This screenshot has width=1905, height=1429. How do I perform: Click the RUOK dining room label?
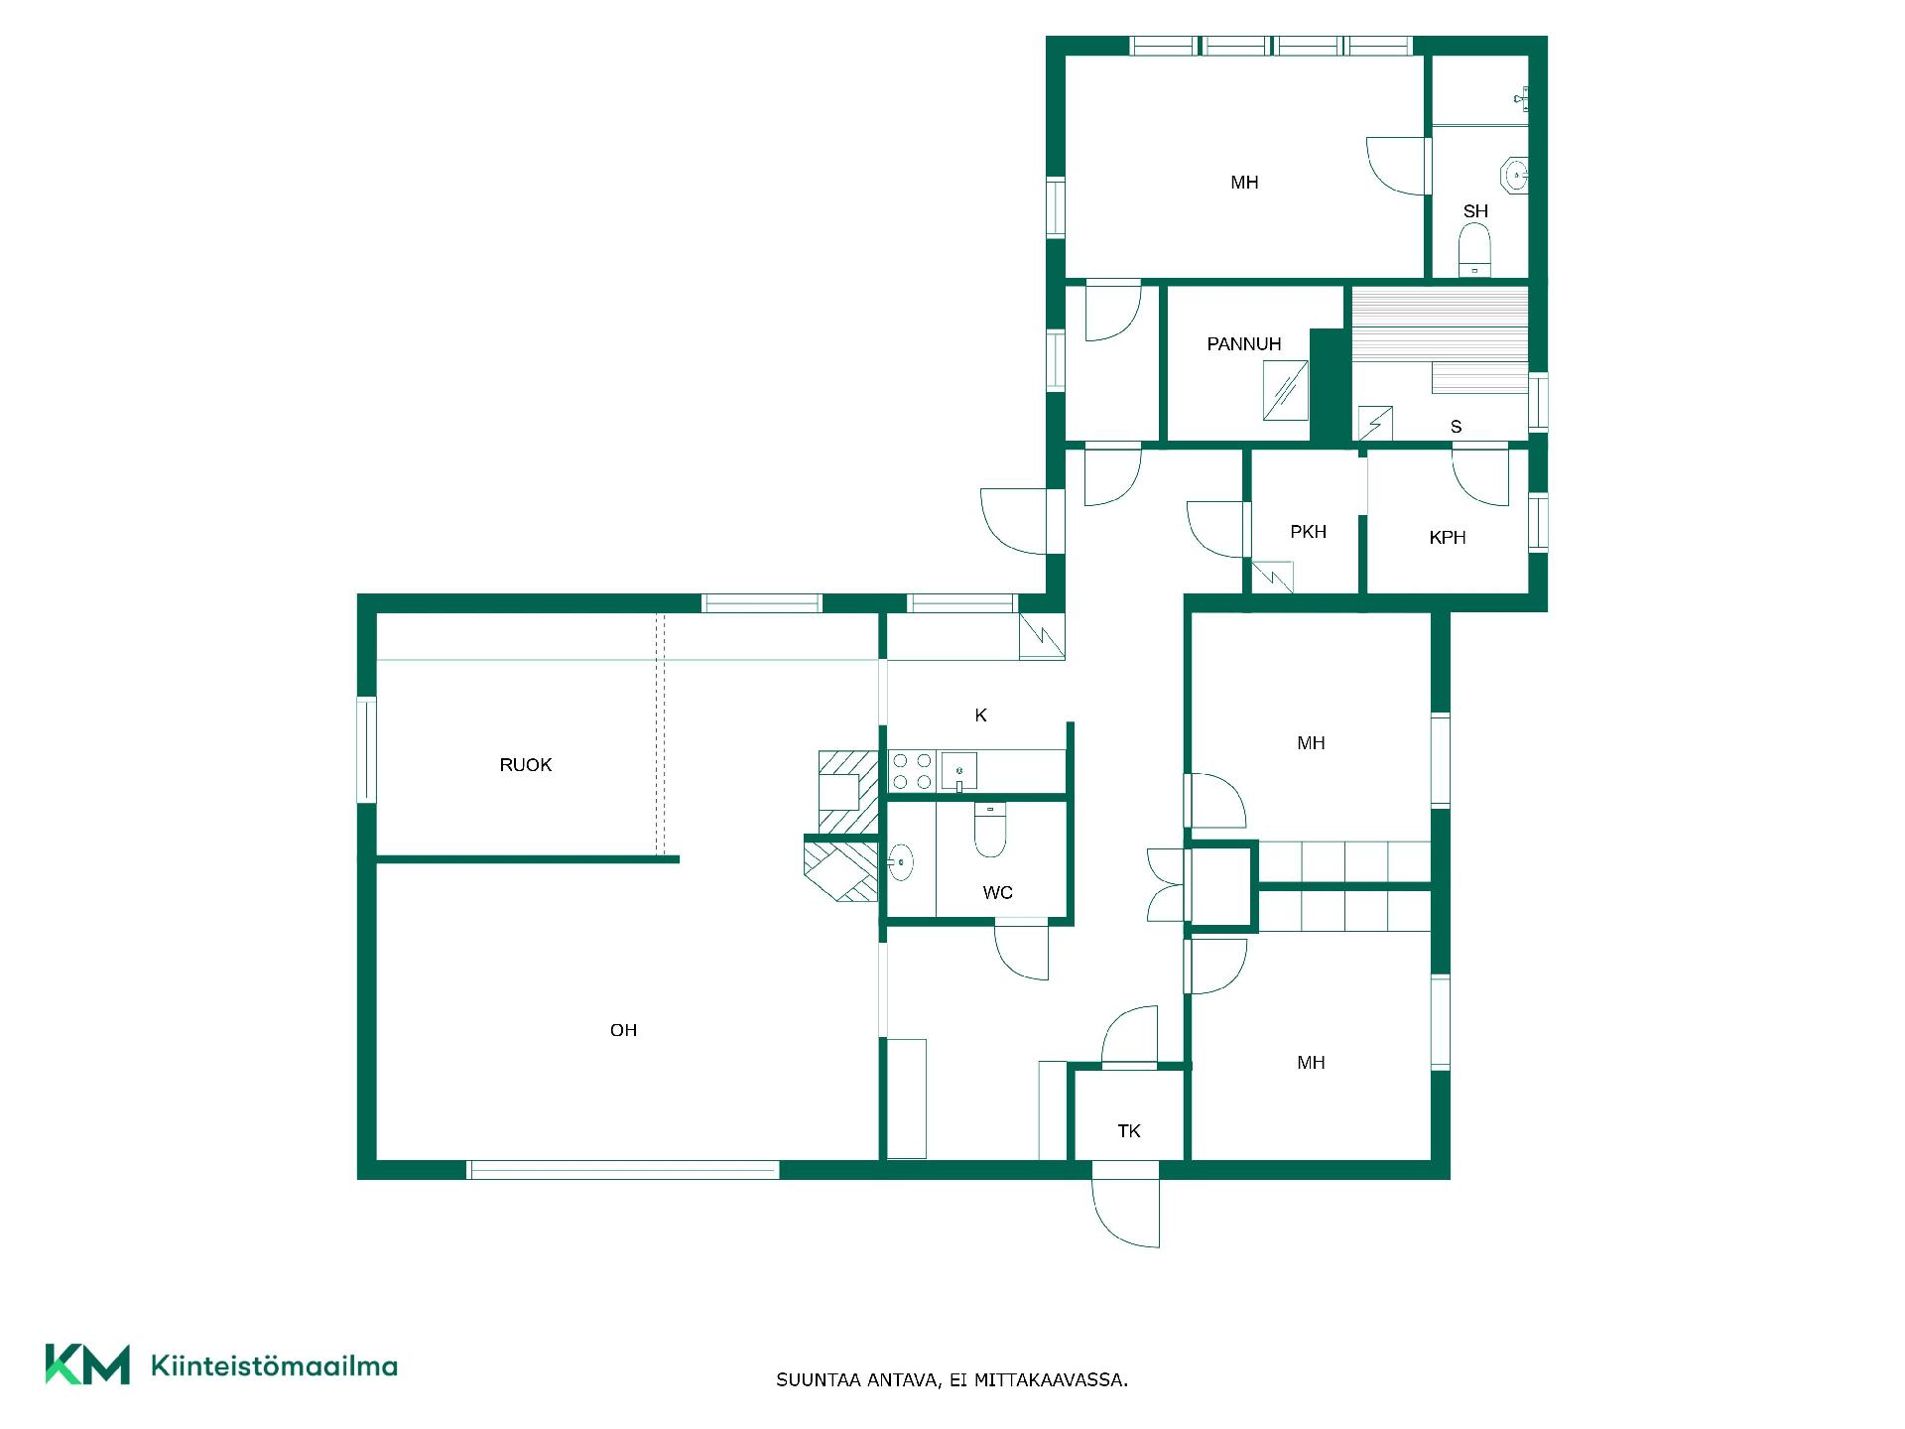click(525, 765)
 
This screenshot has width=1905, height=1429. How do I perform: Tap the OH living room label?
click(623, 1030)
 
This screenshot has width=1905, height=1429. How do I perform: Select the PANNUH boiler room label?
click(1244, 344)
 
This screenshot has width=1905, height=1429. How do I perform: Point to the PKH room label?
click(1308, 532)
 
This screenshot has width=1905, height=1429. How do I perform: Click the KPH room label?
click(1448, 538)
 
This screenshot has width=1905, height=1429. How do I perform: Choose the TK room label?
click(1129, 1131)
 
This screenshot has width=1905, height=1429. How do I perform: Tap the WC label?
click(997, 893)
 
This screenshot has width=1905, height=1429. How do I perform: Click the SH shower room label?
click(1475, 211)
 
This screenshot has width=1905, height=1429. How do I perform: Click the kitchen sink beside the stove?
click(959, 771)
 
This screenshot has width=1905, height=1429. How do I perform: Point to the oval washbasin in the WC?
click(900, 862)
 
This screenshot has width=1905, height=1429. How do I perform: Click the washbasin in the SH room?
click(1515, 176)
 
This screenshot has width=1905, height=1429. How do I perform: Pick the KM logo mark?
click(87, 1364)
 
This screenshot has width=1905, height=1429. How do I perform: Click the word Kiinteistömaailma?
click(274, 1366)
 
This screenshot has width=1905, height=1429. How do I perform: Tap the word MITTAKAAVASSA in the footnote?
click(1051, 1380)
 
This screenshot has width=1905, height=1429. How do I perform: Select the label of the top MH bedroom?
click(1244, 183)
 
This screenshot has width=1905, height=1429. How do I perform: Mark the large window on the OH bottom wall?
click(623, 1170)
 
